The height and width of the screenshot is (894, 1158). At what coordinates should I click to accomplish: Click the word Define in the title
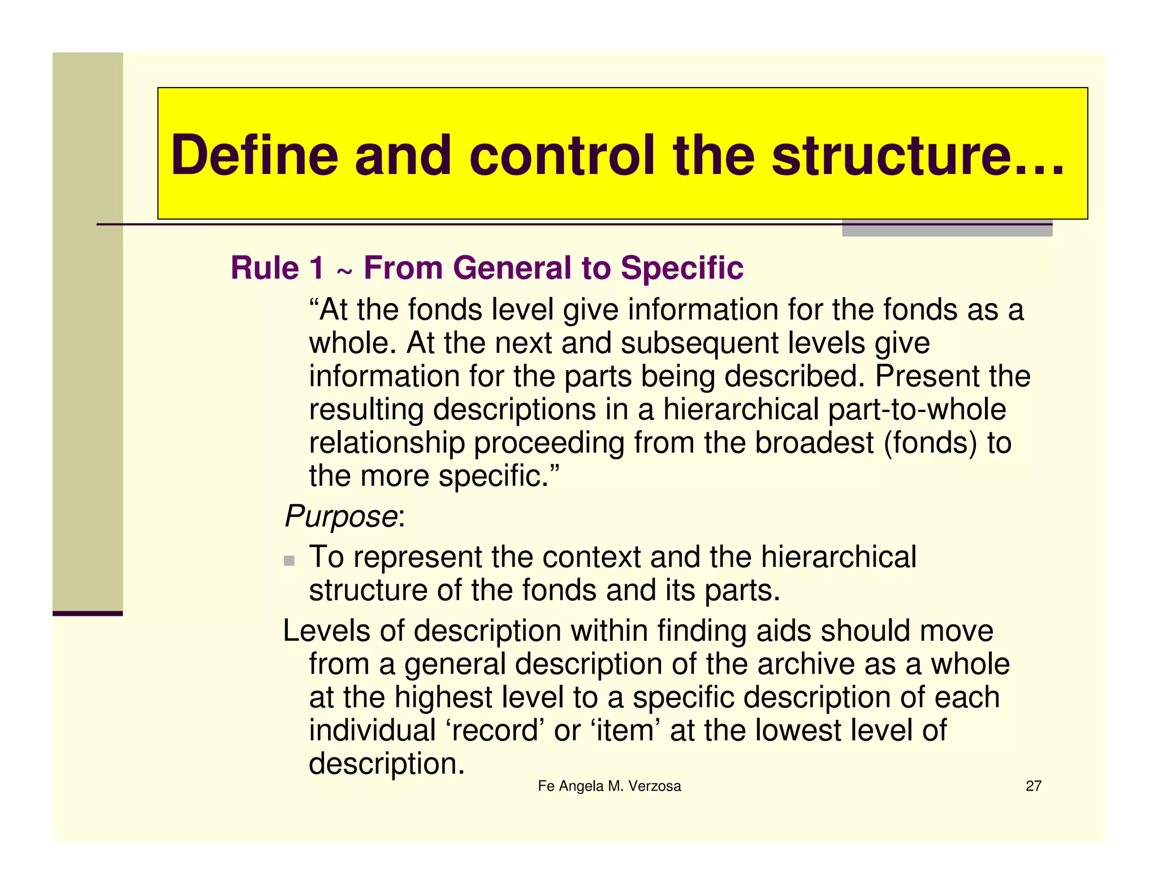(254, 155)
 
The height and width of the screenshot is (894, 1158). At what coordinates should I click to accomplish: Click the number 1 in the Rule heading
(317, 268)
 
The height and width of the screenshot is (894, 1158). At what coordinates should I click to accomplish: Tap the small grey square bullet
(289, 561)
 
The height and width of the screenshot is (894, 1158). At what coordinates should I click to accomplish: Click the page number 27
(1033, 786)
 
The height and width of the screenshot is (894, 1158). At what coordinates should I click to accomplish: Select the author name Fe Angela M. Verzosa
(609, 786)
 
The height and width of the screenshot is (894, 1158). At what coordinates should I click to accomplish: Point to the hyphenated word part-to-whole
(917, 410)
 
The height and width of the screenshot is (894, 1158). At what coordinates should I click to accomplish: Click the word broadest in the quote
(814, 442)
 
